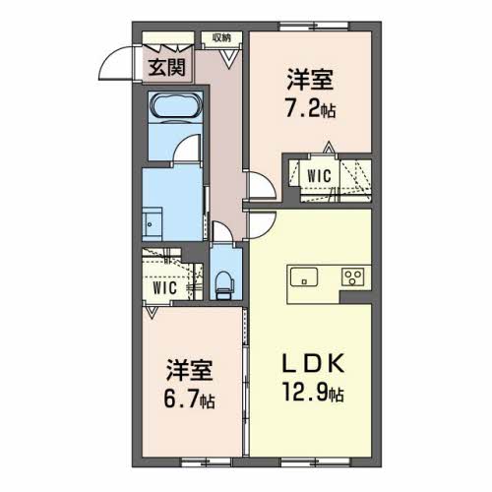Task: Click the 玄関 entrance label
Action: (167, 68)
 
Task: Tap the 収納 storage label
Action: (221, 38)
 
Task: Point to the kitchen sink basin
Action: (304, 277)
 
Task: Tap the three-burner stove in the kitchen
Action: (353, 277)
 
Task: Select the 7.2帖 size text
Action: (310, 109)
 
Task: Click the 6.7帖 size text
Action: (189, 399)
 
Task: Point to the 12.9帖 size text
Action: (313, 393)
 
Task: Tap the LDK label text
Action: (314, 363)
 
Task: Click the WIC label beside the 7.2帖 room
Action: (319, 176)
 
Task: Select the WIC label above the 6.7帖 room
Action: (165, 288)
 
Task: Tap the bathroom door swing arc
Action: (180, 143)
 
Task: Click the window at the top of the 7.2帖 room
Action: (314, 26)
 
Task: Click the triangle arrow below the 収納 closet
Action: (229, 59)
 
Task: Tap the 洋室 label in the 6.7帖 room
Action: (190, 370)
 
